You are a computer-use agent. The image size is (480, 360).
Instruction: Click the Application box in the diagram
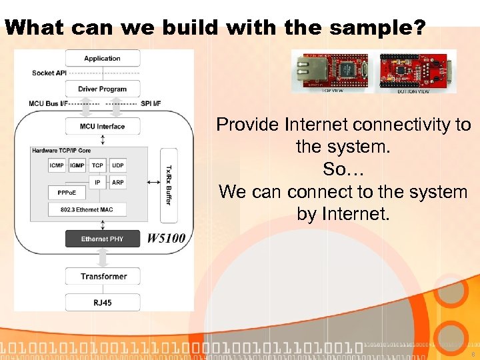point(102,59)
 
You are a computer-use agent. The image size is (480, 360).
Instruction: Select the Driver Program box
point(102,89)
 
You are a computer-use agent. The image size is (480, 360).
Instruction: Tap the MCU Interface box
point(102,126)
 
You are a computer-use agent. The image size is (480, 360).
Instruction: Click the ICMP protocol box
point(57,165)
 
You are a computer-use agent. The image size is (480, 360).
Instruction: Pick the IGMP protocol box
point(77,165)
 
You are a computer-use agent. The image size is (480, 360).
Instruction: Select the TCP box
point(97,165)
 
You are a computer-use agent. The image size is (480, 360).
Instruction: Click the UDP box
point(118,165)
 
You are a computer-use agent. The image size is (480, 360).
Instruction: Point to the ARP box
point(118,181)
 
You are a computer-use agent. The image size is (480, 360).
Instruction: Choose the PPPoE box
point(67,193)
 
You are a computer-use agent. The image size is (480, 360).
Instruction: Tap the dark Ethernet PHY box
point(102,239)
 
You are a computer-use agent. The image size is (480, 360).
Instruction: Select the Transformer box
point(103,276)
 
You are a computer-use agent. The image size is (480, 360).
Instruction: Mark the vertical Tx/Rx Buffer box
point(167,185)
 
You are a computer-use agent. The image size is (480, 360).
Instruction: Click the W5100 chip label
point(166,239)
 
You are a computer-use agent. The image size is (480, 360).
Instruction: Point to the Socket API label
point(48,73)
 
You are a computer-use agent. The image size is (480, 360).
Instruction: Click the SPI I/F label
point(151,103)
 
